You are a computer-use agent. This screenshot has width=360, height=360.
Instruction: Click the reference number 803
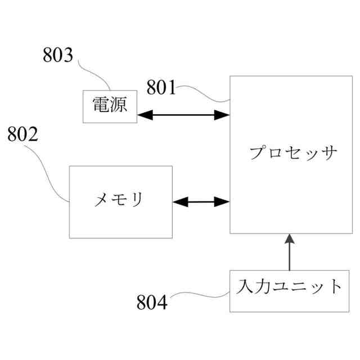(x=58, y=56)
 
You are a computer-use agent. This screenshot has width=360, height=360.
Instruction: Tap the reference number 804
(x=152, y=303)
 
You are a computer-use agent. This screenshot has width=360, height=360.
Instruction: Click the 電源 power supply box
(x=110, y=106)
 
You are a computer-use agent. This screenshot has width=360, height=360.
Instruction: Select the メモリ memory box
(x=120, y=201)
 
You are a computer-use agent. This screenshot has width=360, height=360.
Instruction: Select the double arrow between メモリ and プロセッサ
(x=201, y=201)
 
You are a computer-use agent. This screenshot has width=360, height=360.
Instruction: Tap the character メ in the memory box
(x=101, y=199)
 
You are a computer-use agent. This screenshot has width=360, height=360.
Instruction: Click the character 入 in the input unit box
(x=246, y=287)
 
